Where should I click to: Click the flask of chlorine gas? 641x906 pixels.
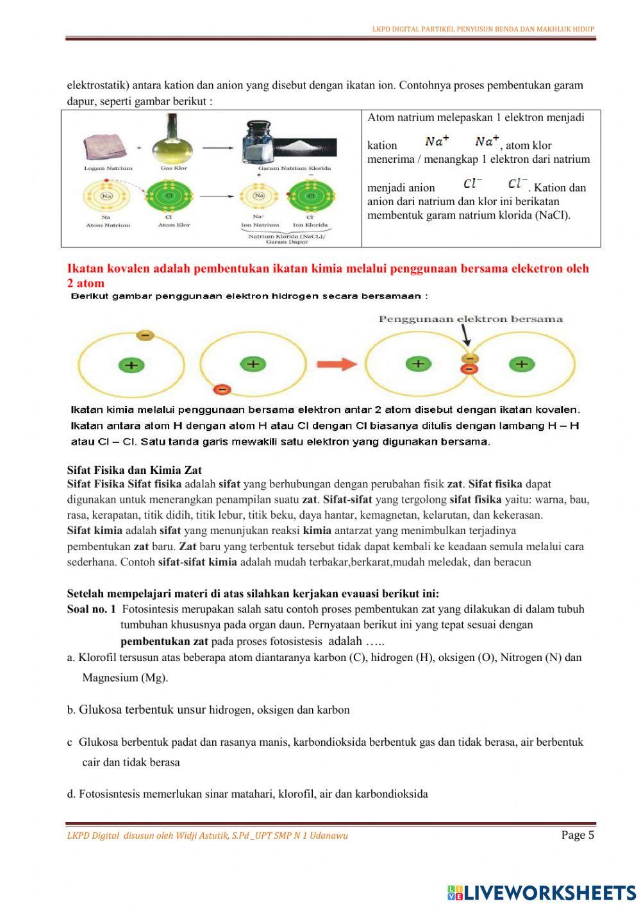click(x=172, y=140)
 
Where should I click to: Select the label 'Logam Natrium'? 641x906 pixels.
click(x=108, y=168)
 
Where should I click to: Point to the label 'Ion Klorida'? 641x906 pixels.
click(x=310, y=225)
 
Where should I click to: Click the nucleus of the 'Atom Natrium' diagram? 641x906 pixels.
click(x=107, y=196)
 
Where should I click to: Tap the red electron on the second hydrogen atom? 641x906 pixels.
click(x=222, y=389)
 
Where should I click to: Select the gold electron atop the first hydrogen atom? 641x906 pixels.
click(x=146, y=335)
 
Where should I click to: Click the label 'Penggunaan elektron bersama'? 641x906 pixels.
click(x=470, y=319)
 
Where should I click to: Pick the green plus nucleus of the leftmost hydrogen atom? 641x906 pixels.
click(x=131, y=365)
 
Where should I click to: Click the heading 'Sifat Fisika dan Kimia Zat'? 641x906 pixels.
click(x=134, y=470)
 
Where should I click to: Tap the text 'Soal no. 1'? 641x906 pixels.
click(x=91, y=609)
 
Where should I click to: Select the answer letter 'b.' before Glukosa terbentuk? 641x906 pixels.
click(x=71, y=710)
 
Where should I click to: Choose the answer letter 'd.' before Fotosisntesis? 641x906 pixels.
click(x=71, y=794)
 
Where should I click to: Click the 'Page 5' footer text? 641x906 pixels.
click(x=578, y=835)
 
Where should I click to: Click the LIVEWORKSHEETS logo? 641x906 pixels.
click(x=542, y=892)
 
